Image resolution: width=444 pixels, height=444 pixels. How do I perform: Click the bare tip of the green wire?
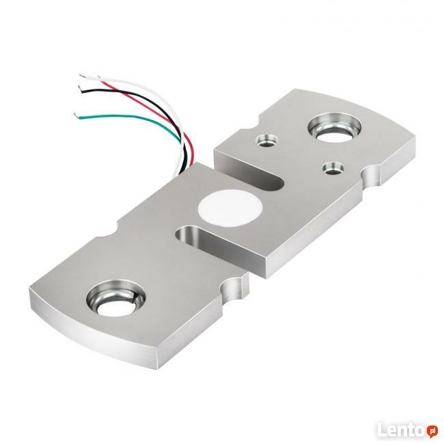point(76,115)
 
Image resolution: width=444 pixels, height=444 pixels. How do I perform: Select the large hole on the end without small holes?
point(115,297)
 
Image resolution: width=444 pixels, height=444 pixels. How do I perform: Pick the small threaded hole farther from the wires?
point(333,168)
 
